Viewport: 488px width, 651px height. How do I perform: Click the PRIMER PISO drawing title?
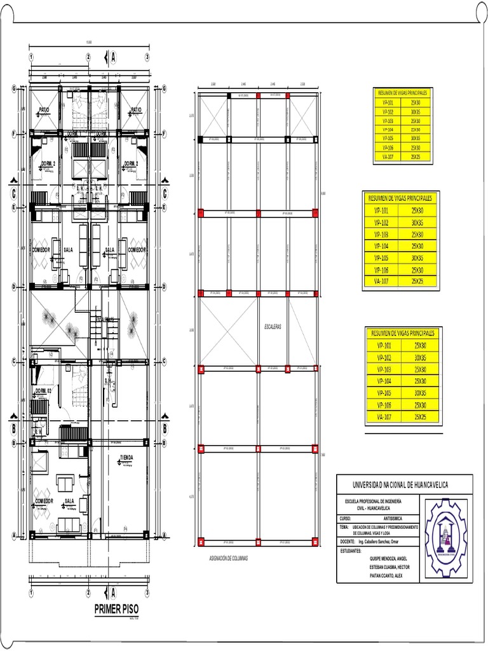tap(116, 609)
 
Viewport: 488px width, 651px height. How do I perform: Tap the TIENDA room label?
tap(126, 458)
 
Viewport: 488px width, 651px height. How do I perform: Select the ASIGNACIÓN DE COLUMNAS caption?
tap(228, 558)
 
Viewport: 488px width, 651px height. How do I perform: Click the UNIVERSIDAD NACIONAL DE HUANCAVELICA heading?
tap(400, 485)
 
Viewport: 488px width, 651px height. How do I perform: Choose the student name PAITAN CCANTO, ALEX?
tap(386, 575)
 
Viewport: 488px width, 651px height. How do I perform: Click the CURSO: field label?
tap(346, 519)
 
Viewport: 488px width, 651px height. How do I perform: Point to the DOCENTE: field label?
tap(348, 541)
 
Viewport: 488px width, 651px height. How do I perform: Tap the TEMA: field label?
tap(344, 527)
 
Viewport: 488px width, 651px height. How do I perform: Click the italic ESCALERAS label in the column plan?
tap(273, 327)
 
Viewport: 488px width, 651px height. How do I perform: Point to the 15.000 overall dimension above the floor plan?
tap(88, 43)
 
